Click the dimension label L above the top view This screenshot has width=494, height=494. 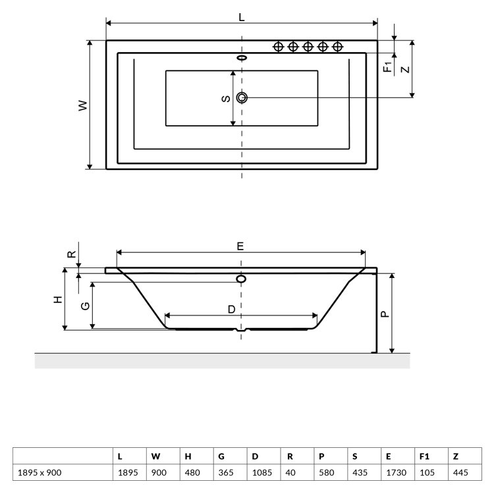[x=241, y=17]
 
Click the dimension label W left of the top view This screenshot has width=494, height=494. [x=82, y=105]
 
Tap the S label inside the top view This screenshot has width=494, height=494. [x=226, y=99]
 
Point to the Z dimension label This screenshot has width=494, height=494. [x=406, y=69]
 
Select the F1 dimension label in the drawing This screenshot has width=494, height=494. [x=388, y=67]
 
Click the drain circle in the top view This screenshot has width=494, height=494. [x=242, y=97]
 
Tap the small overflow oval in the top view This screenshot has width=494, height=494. [x=242, y=58]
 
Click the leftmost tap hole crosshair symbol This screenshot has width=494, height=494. [x=278, y=47]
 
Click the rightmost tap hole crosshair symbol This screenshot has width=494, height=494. [x=337, y=47]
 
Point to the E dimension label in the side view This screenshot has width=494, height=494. [x=240, y=246]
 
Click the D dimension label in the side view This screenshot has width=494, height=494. [x=232, y=310]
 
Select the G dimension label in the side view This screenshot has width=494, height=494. [x=86, y=306]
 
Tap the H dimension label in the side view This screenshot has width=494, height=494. [x=58, y=299]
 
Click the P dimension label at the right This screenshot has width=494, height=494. [x=385, y=314]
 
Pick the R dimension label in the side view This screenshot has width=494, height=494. [x=72, y=254]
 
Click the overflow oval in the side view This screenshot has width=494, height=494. [x=241, y=279]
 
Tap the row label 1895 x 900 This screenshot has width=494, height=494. [x=40, y=472]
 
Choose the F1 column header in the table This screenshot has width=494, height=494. [x=424, y=456]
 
